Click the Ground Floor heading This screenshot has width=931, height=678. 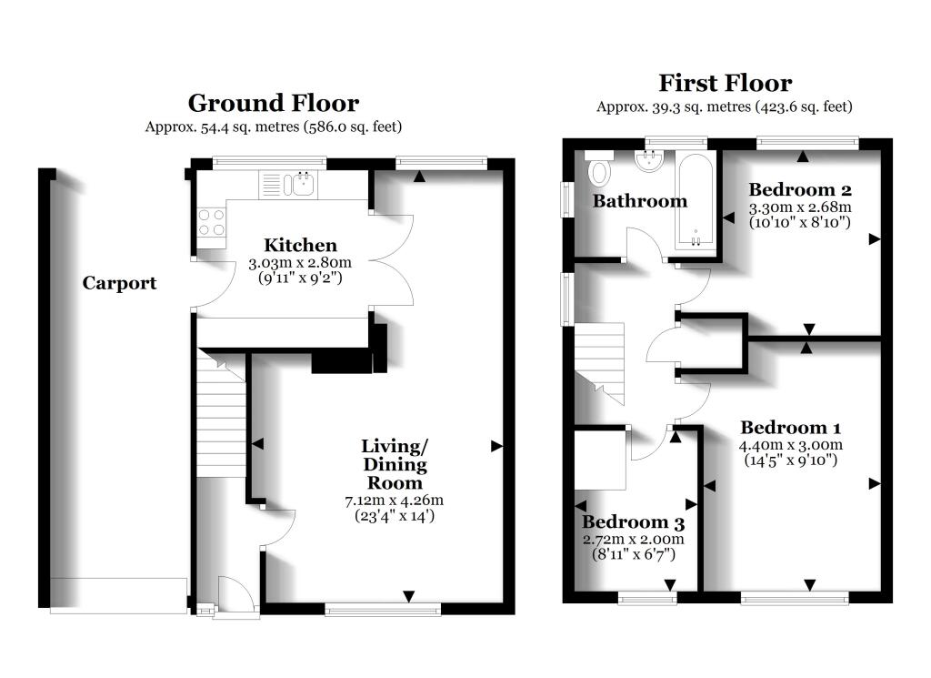[273, 103]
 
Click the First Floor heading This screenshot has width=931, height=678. [725, 84]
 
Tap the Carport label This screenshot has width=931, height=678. [119, 283]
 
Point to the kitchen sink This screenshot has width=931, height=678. [299, 185]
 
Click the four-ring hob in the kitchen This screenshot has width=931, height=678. [212, 222]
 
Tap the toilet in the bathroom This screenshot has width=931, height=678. [599, 170]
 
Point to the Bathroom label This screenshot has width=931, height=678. [640, 201]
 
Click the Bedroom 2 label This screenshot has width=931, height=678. [799, 190]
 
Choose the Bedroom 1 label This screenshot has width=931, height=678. [790, 428]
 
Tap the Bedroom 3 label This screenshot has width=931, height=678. [633, 523]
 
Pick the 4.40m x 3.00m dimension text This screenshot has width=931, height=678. [791, 445]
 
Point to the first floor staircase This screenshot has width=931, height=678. [600, 359]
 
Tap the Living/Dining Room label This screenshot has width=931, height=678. [395, 464]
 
